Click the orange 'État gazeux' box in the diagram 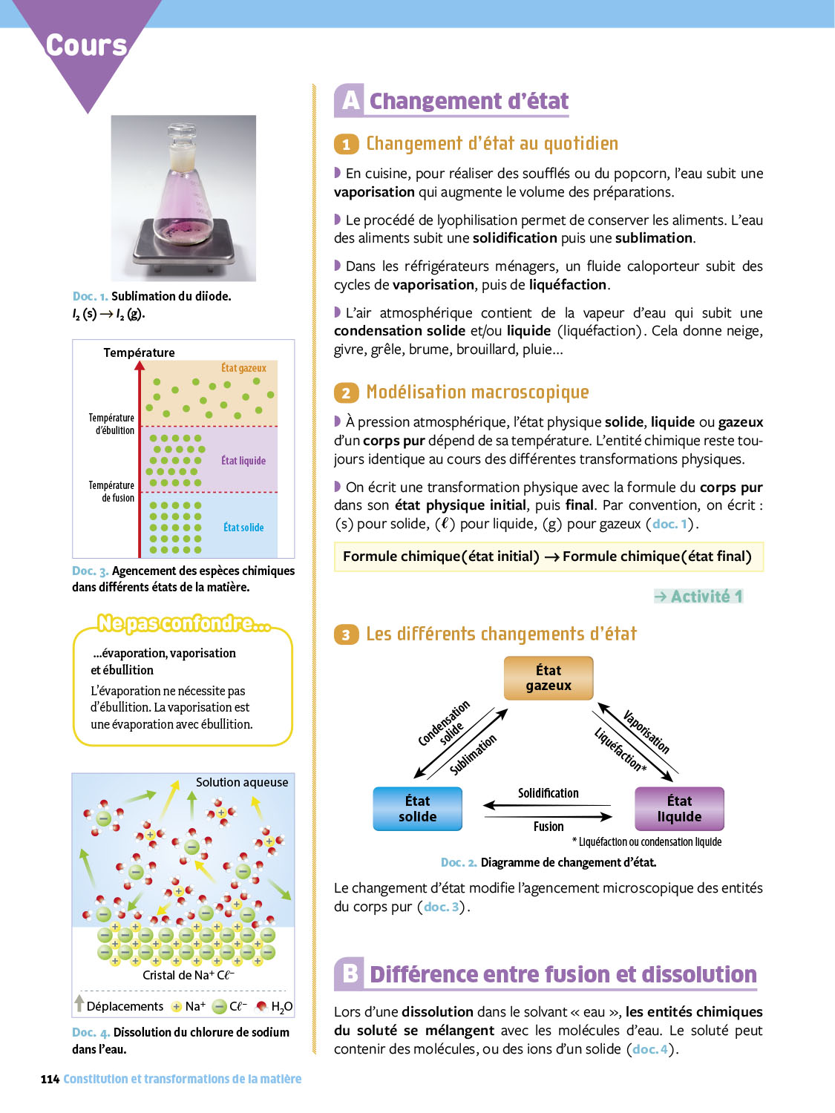[549, 677]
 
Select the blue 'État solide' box [417, 809]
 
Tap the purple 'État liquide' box [679, 809]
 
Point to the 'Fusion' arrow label [549, 827]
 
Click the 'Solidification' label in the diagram [549, 793]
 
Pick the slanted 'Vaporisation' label [646, 732]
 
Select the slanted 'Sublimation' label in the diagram [474, 755]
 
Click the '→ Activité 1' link [698, 597]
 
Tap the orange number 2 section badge [346, 393]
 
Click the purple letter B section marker [350, 973]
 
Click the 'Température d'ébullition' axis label [111, 424]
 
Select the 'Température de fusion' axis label [111, 491]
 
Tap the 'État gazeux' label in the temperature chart [243, 368]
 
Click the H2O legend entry [275, 1007]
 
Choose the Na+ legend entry [189, 1006]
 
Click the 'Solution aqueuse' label [242, 782]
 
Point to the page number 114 [50, 1079]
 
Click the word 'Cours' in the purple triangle [87, 45]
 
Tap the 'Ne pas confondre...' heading [184, 623]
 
